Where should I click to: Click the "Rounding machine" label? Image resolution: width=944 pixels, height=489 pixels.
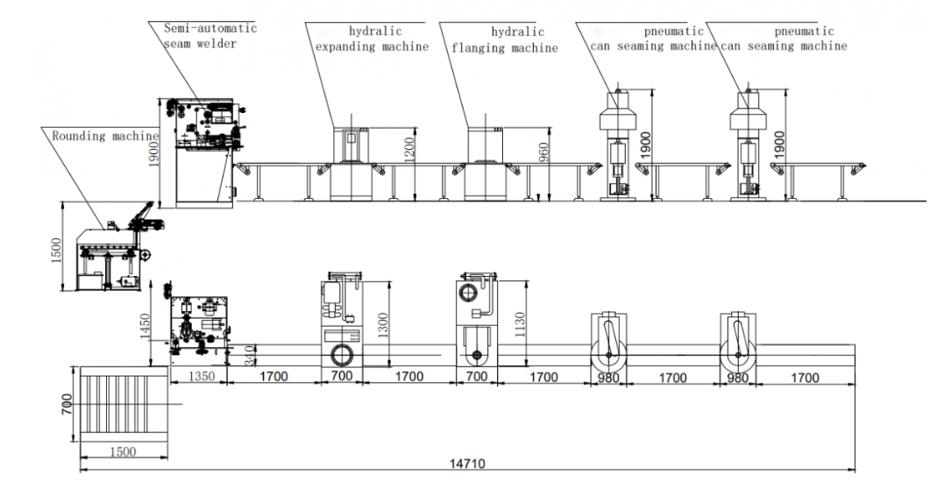(x=105, y=136)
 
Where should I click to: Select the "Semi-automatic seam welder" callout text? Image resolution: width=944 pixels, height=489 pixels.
(x=210, y=36)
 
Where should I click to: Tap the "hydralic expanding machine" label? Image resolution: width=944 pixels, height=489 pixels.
(x=373, y=39)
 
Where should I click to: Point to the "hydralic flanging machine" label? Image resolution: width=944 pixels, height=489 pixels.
(x=505, y=39)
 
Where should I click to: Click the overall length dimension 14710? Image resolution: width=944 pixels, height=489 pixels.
(x=467, y=464)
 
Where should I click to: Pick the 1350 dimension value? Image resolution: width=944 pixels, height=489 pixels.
(x=201, y=376)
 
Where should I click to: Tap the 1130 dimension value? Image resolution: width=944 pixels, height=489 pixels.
(x=520, y=324)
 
